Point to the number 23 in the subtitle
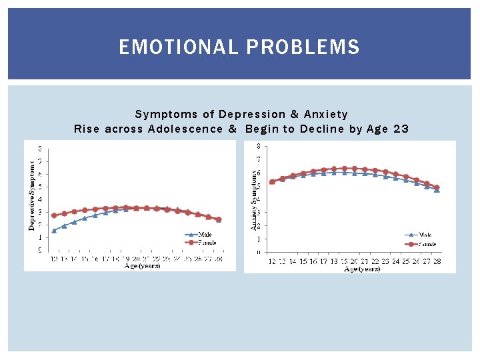401,129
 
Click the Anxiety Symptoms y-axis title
254,199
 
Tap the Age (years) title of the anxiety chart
361,269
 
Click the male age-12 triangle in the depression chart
54,231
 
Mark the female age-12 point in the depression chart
54,215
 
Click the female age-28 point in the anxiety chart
437,187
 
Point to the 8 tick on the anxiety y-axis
259,146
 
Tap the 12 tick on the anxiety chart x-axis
271,261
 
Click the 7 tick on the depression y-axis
39,161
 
